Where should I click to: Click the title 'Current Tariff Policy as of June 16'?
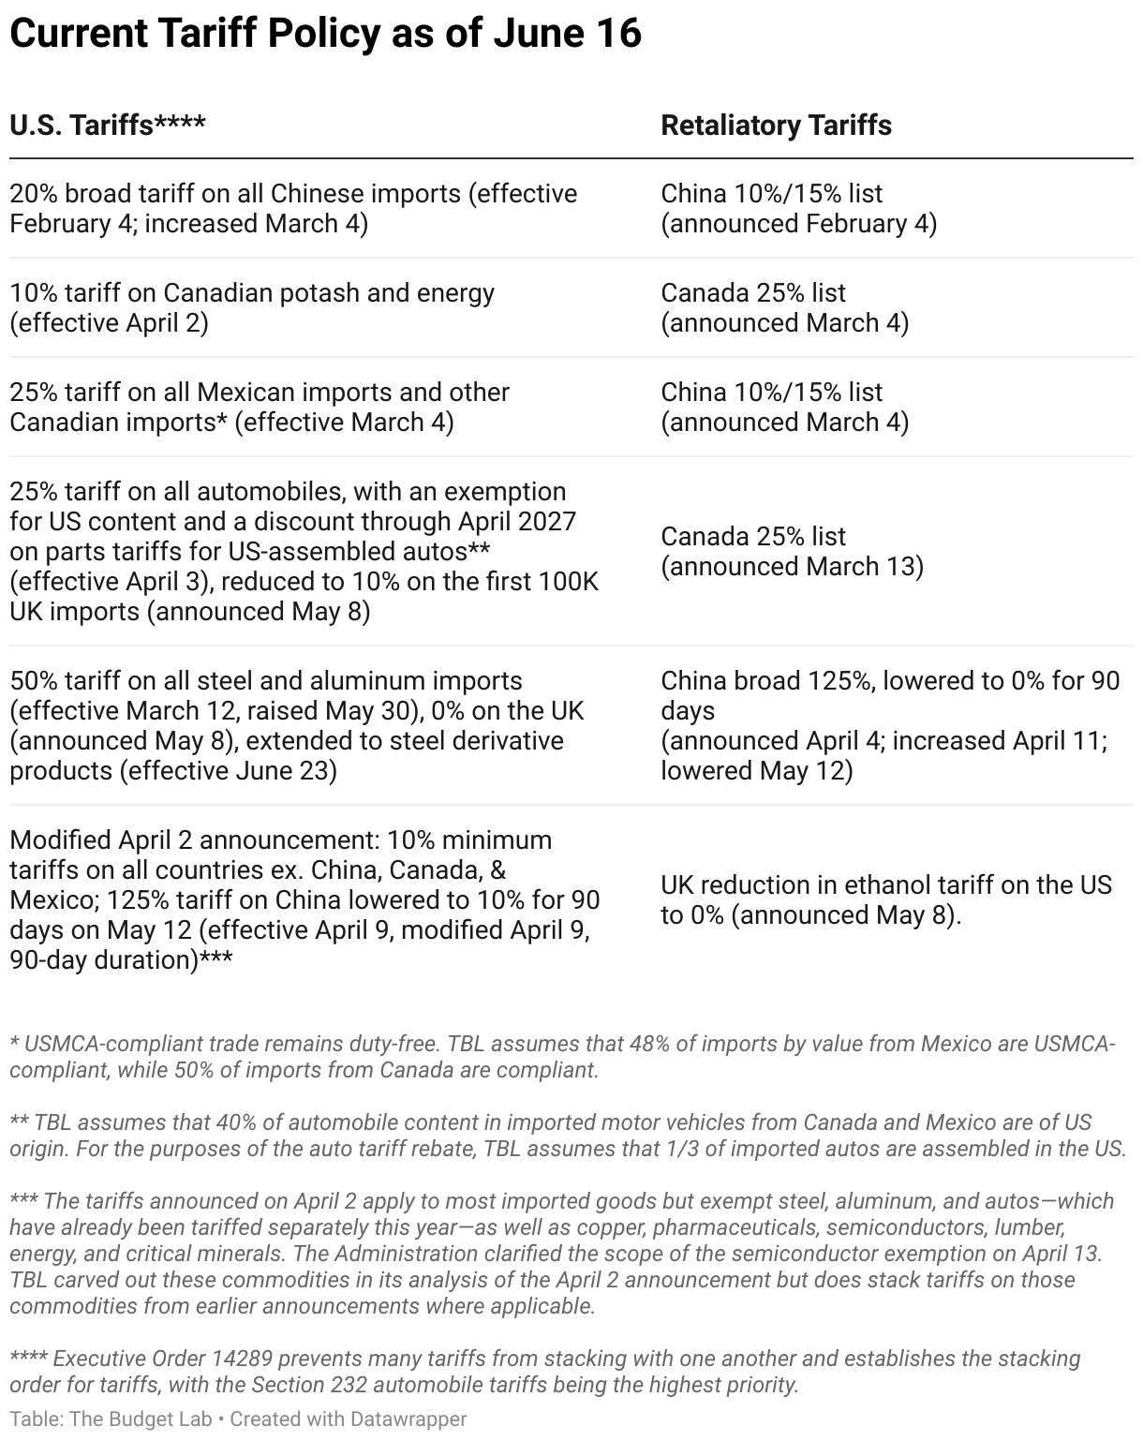coord(325,34)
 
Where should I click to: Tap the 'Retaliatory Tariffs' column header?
coord(776,126)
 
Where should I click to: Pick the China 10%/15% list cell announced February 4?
coord(798,208)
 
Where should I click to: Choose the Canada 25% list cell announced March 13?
coord(792,551)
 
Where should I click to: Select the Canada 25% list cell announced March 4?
coord(784,307)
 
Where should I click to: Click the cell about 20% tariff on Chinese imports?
coord(293,208)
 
